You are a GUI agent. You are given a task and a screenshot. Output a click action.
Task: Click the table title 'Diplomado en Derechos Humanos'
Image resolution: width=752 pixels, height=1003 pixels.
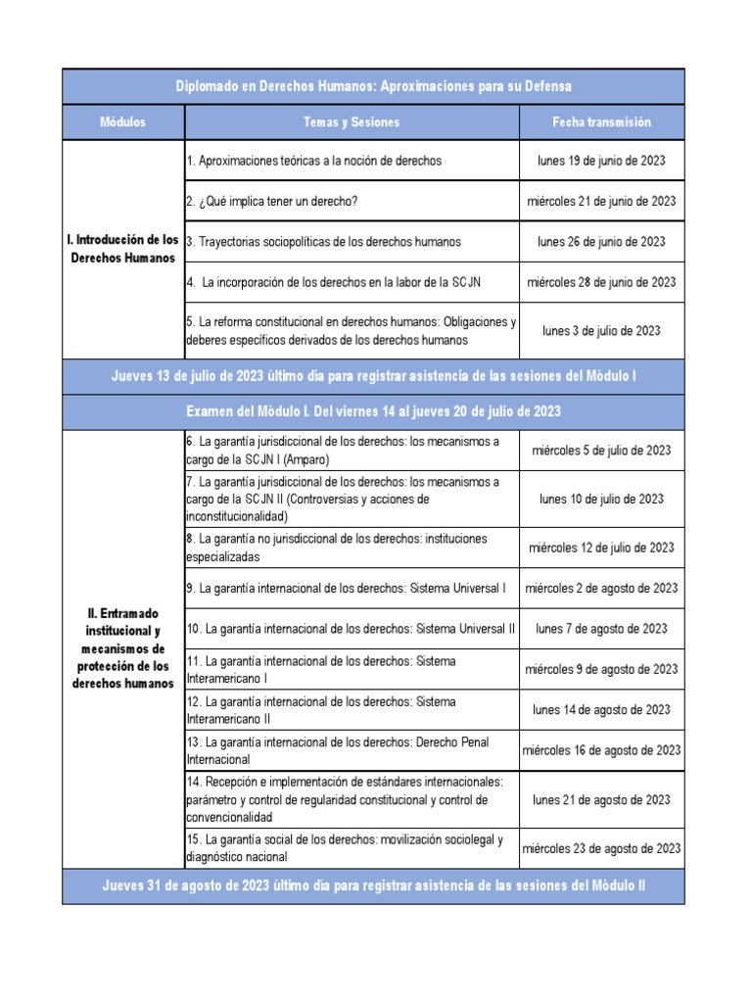373,86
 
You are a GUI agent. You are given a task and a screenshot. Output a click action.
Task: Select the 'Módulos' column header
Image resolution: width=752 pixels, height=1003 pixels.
122,122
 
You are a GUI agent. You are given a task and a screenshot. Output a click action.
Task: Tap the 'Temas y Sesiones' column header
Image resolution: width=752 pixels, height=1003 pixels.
352,122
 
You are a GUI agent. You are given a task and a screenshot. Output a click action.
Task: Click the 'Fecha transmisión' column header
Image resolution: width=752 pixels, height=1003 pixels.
601,122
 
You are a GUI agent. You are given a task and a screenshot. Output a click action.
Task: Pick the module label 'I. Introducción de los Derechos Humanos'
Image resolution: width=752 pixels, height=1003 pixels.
122,249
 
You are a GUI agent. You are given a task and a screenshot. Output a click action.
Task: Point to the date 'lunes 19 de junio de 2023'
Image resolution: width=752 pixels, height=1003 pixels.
601,160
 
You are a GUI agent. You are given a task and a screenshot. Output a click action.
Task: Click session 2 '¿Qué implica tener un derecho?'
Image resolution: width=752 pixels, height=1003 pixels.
271,201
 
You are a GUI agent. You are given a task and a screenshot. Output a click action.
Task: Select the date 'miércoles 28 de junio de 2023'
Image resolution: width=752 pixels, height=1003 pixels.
601,282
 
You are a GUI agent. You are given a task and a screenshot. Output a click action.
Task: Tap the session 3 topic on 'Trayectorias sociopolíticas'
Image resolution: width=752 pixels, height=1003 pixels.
323,242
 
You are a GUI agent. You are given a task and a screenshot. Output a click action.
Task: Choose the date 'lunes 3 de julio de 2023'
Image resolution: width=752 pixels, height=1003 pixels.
601,331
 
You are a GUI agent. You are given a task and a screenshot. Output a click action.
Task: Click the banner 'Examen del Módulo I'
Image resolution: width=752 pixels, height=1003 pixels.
373,410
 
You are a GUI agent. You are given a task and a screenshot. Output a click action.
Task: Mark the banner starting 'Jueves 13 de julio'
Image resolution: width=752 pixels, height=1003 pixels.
373,376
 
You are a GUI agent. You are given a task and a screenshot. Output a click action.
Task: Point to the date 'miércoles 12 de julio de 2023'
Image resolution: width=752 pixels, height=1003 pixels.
601,548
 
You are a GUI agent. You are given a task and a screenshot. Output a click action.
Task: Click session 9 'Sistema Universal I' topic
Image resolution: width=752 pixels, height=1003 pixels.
346,589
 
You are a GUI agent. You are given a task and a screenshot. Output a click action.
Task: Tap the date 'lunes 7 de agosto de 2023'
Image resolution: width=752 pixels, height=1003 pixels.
601,629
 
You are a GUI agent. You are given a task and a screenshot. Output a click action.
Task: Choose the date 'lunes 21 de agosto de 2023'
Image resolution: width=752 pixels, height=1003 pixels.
601,800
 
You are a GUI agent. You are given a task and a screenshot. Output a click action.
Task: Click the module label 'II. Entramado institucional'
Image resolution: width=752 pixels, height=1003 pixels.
122,648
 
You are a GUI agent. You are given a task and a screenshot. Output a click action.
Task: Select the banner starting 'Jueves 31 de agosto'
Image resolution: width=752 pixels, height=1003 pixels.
373,885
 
